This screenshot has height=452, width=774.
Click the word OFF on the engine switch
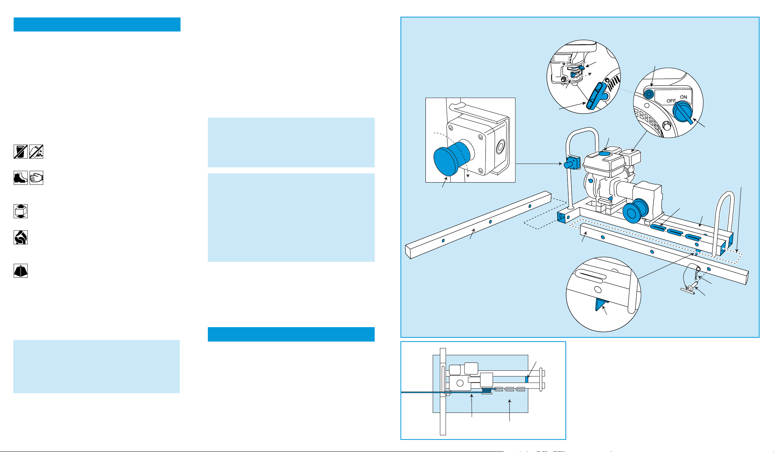(671, 101)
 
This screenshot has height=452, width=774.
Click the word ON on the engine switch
(683, 97)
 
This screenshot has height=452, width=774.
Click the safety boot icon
(20, 178)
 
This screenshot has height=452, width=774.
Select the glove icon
(36, 178)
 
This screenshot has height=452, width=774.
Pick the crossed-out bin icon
(20, 151)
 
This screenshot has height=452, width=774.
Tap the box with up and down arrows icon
(20, 211)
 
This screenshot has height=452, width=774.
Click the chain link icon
(20, 238)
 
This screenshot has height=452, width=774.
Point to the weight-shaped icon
(20, 271)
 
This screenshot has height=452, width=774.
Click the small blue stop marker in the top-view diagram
(527, 379)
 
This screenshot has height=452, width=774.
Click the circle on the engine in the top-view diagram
(460, 383)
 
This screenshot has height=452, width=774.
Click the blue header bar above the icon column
(97, 24)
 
